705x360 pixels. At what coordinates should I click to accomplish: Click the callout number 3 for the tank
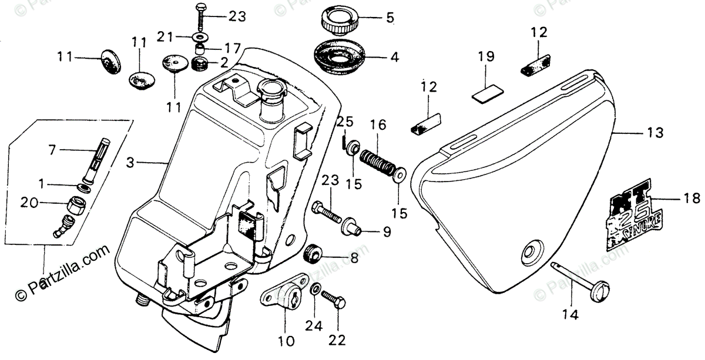(x=131, y=160)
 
